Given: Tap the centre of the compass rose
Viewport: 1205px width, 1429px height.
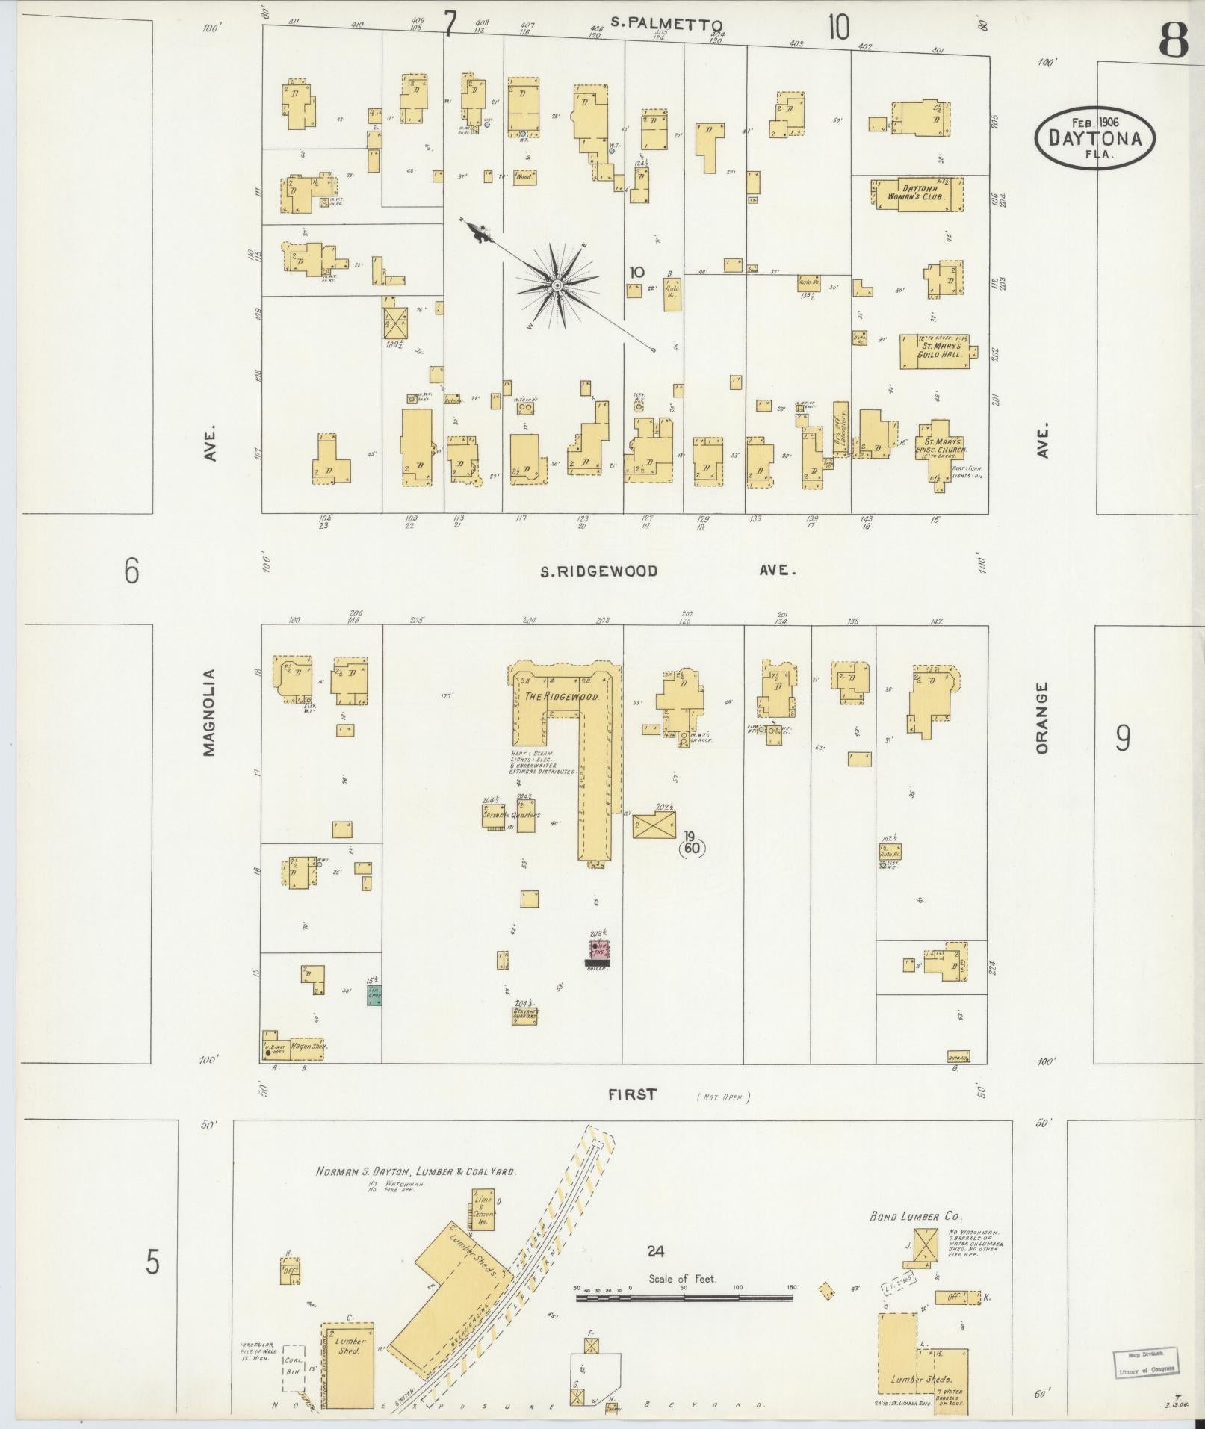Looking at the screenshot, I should pyautogui.click(x=557, y=286).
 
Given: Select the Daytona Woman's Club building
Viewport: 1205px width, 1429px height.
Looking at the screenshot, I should pyautogui.click(x=917, y=193).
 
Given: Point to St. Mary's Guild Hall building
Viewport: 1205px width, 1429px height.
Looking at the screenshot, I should pyautogui.click(x=935, y=351).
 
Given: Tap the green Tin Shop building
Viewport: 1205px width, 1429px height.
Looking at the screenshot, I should pyautogui.click(x=374, y=995).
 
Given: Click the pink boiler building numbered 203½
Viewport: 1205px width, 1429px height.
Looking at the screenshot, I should pyautogui.click(x=598, y=950).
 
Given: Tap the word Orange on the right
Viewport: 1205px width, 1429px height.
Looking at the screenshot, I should pyautogui.click(x=1043, y=716).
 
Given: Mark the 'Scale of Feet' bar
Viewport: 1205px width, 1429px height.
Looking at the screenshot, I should pyautogui.click(x=684, y=1298).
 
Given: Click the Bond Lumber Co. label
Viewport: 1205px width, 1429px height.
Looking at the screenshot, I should pyautogui.click(x=904, y=1217).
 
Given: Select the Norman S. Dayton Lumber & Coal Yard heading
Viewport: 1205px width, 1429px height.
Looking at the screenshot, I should pyautogui.click(x=415, y=1172).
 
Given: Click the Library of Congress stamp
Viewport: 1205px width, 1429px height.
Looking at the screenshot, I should pyautogui.click(x=1145, y=1363).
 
